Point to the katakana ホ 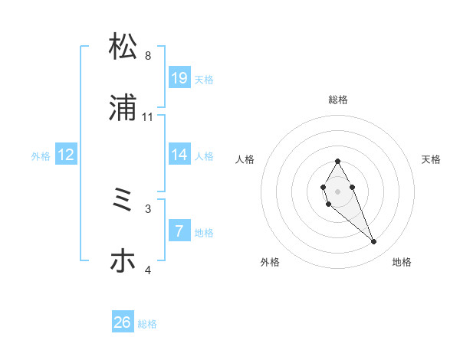(x=123, y=261)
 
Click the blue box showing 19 (x=179, y=78)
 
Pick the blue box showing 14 (x=179, y=155)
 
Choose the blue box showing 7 (x=179, y=231)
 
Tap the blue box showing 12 (x=66, y=155)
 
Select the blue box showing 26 (x=123, y=322)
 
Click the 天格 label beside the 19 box (x=204, y=79)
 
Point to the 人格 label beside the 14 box (x=204, y=155)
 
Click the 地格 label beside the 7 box (x=204, y=232)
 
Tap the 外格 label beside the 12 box (x=41, y=155)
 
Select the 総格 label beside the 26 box (x=147, y=323)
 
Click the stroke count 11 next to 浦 (x=148, y=116)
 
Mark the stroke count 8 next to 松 (x=148, y=55)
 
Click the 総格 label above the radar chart (x=338, y=100)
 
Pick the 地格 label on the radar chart (x=402, y=262)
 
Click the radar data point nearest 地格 (x=374, y=242)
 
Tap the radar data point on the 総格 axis (x=337, y=161)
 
